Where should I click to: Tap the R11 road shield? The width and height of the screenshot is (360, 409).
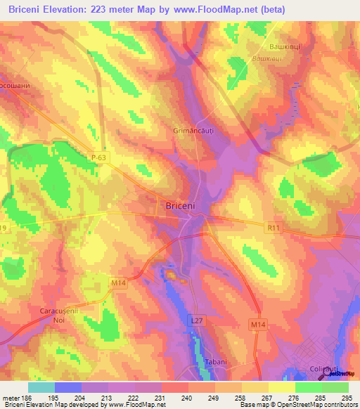(x=274, y=228)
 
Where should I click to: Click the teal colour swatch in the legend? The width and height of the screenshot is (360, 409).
(x=41, y=387)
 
